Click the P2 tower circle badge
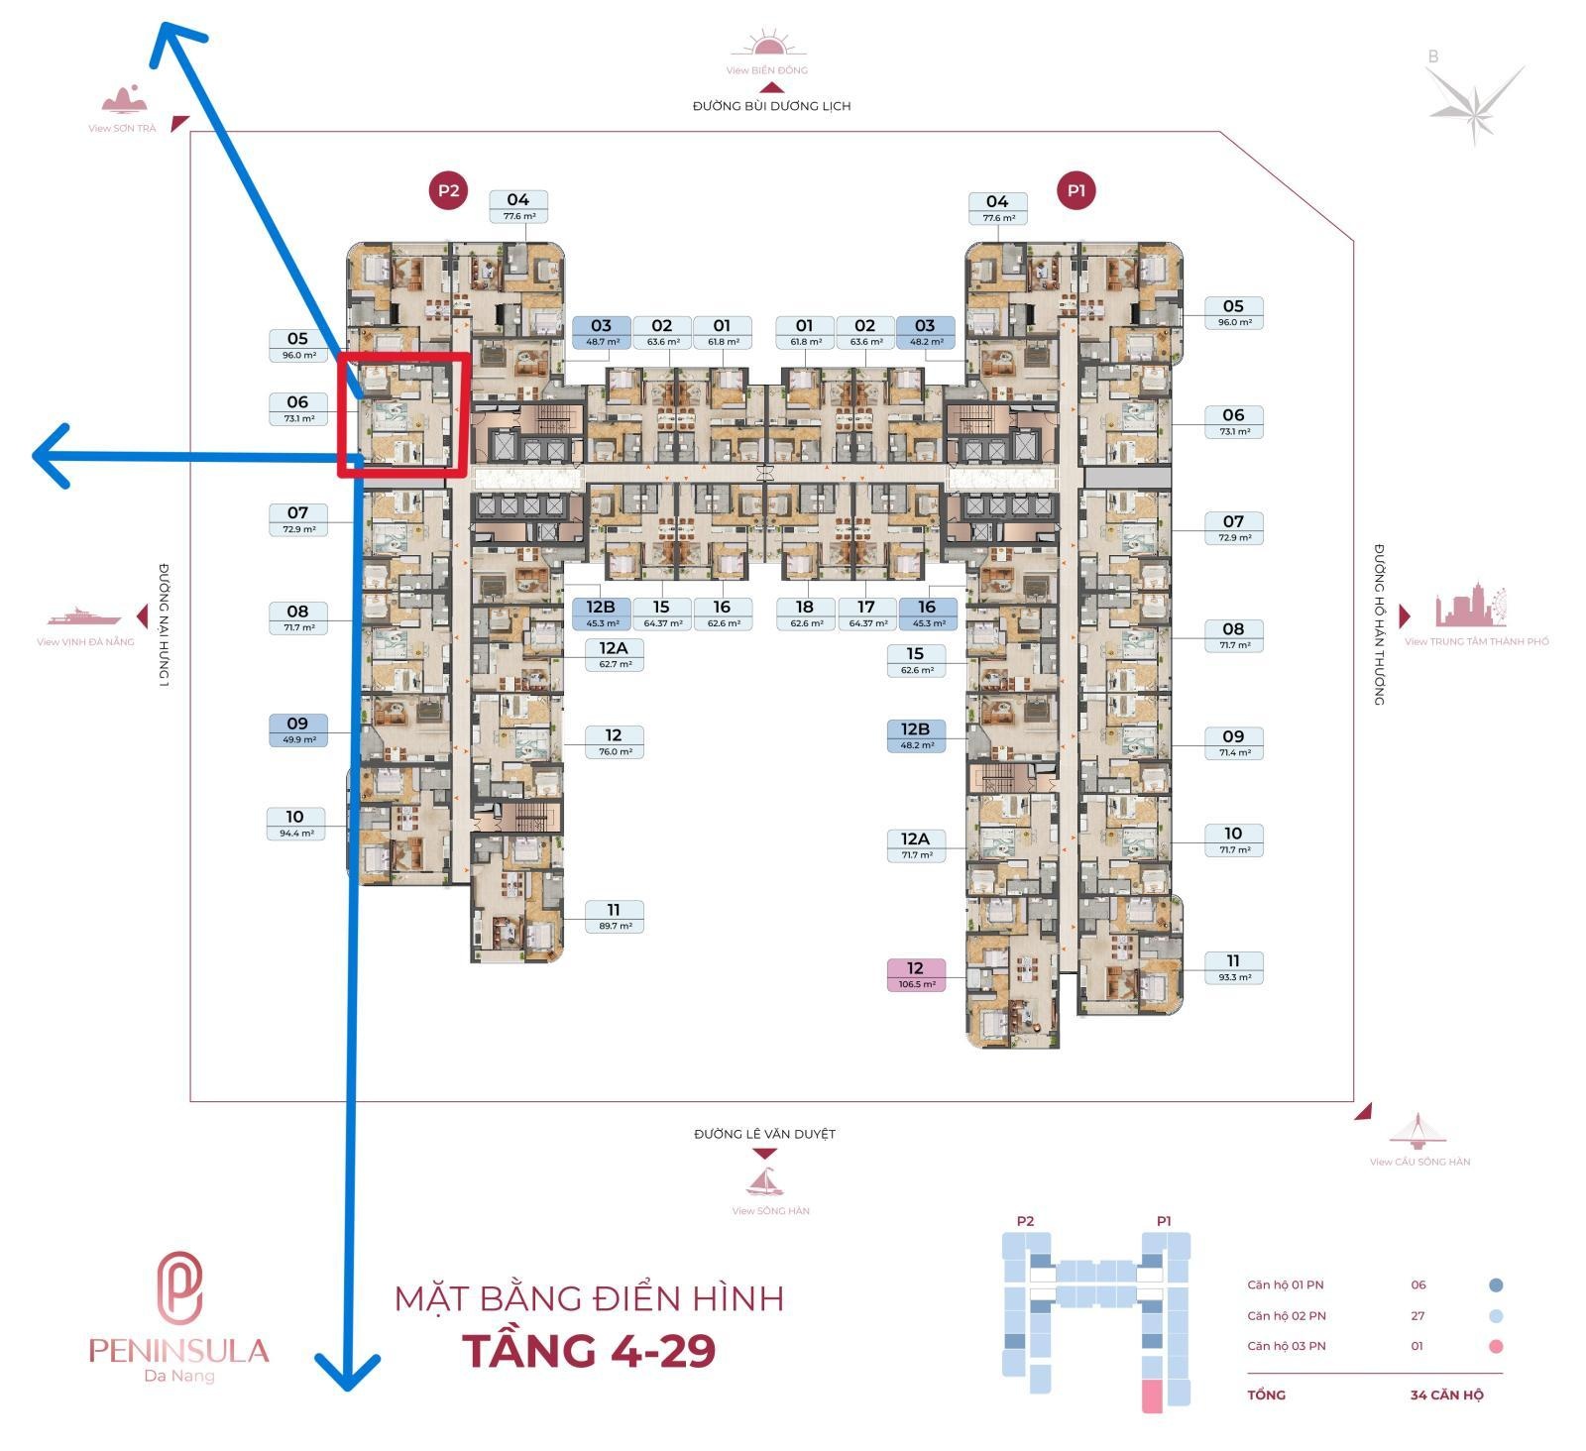[448, 190]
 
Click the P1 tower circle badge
[1076, 190]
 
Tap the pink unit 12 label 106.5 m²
[915, 975]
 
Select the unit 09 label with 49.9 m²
[297, 730]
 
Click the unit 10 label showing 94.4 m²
[295, 824]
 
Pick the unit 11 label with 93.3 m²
[1233, 967]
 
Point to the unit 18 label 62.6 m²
[804, 614]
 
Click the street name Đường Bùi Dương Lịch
[771, 106]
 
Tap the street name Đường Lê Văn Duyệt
[764, 1134]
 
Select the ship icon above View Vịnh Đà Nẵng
[84, 617]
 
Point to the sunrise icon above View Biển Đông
[768, 47]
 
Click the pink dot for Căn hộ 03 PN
[1496, 1346]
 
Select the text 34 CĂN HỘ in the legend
[1446, 1395]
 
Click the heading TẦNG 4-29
[589, 1351]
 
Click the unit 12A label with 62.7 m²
[614, 655]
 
